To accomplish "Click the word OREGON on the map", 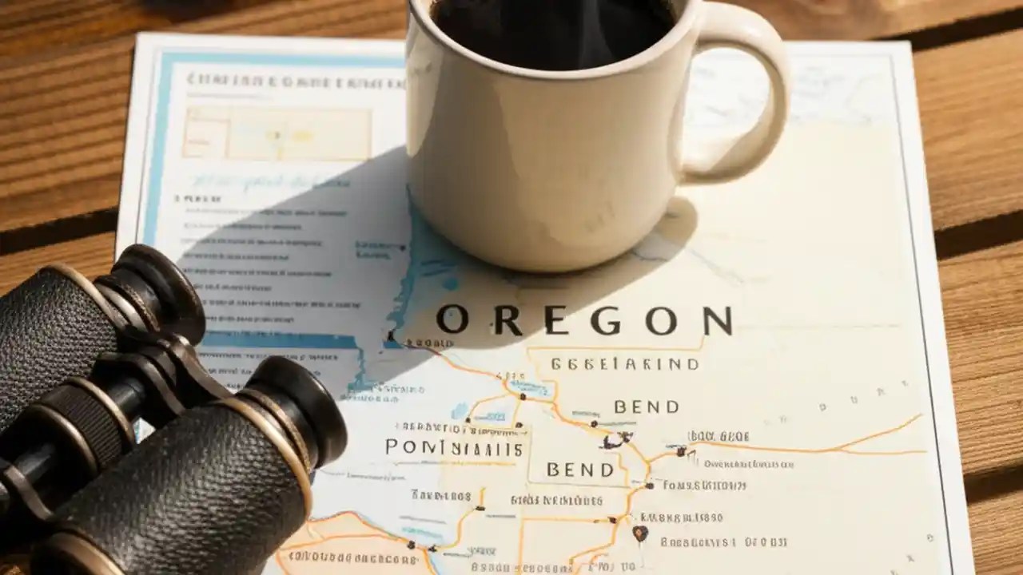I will point(584,321).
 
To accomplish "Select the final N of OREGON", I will point(717,321).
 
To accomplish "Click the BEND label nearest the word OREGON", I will point(647,407).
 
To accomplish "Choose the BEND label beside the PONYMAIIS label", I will point(581,469).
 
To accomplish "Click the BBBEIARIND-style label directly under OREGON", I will point(624,364).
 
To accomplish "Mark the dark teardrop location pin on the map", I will point(639,533).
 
